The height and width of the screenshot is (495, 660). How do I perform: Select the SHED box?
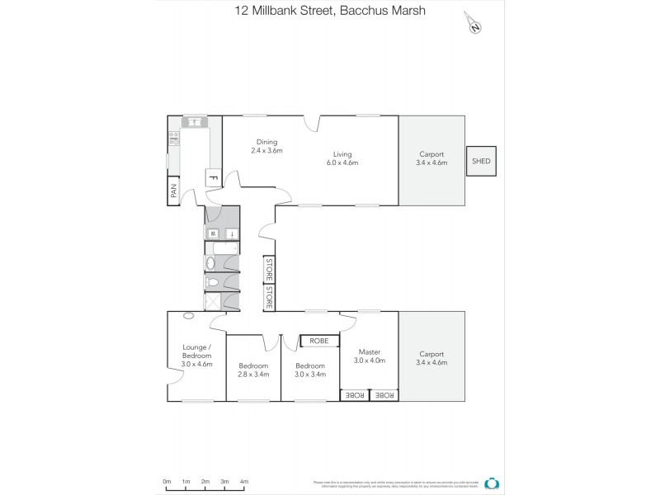point(481,162)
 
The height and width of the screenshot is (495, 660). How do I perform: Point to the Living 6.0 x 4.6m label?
point(342,158)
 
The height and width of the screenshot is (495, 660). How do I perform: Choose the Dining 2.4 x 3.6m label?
point(266,146)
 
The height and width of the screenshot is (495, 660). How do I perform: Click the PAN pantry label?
point(173,191)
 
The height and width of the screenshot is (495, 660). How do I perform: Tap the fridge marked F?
point(212,177)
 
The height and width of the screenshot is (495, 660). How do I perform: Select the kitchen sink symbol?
point(196,123)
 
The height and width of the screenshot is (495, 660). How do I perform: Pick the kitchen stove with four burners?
point(174,139)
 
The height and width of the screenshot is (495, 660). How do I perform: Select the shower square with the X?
point(213,301)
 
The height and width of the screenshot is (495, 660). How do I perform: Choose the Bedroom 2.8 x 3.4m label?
point(253,370)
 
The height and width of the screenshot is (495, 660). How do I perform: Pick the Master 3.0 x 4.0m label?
point(369,356)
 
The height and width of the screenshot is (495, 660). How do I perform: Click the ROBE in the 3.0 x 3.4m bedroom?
point(319,340)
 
